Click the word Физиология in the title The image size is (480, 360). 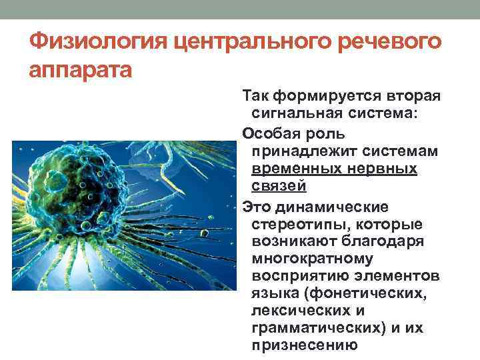[x=96, y=42]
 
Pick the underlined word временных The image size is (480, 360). [x=295, y=169]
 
